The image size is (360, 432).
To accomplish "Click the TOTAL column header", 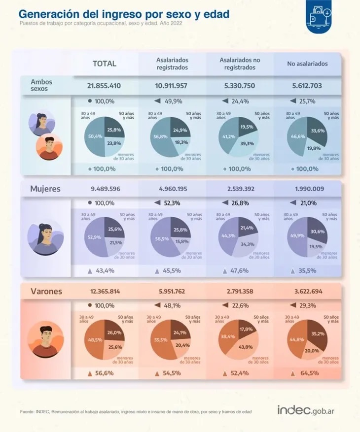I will (105, 64).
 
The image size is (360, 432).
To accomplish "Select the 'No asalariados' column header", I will (307, 64).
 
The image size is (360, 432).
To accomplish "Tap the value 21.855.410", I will (104, 86).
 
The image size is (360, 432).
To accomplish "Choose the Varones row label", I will (46, 292).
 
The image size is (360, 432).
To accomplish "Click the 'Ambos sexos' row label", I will (41, 85).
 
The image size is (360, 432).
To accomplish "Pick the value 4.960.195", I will (172, 189).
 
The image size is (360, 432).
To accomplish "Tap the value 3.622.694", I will (307, 292).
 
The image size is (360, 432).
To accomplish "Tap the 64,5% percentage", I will (310, 373).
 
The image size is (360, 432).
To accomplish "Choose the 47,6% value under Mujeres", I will (239, 270).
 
